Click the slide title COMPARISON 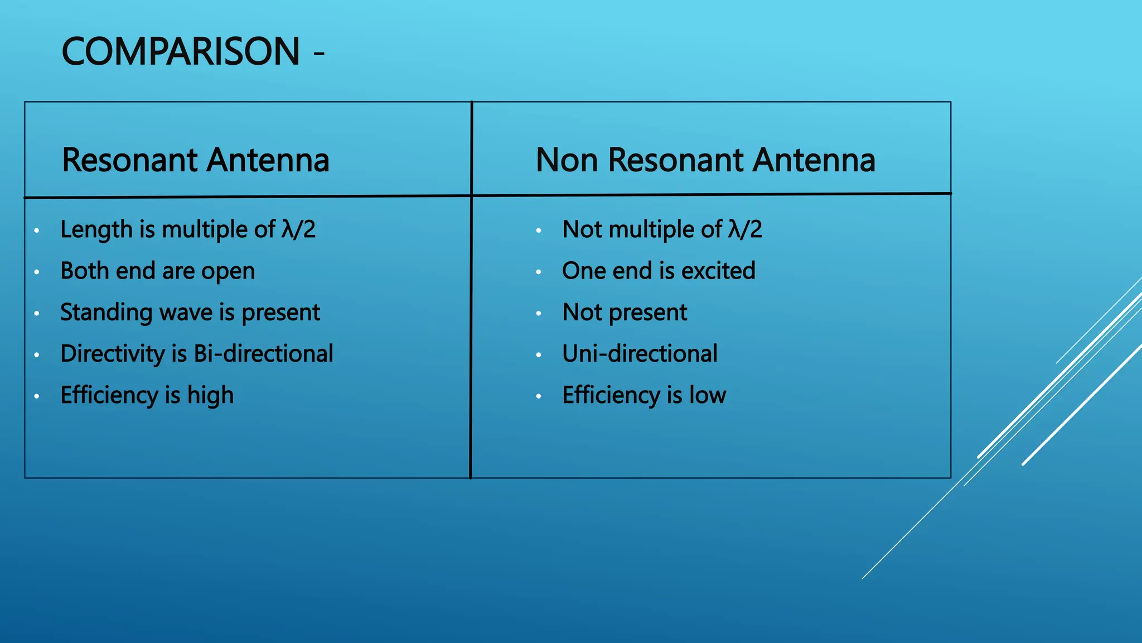[181, 51]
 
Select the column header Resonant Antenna [196, 160]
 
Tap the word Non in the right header [567, 160]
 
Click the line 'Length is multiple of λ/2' [188, 229]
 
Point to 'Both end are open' [158, 271]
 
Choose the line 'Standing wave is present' [190, 313]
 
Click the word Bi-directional [263, 354]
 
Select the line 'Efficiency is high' [147, 395]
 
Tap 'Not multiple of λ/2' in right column [662, 229]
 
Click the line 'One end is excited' [659, 271]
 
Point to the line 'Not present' [625, 313]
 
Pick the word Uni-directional [640, 354]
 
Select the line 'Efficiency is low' [644, 395]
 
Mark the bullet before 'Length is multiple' [36, 231]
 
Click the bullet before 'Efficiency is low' [539, 396]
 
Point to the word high [210, 395]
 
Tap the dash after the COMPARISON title [319, 54]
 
